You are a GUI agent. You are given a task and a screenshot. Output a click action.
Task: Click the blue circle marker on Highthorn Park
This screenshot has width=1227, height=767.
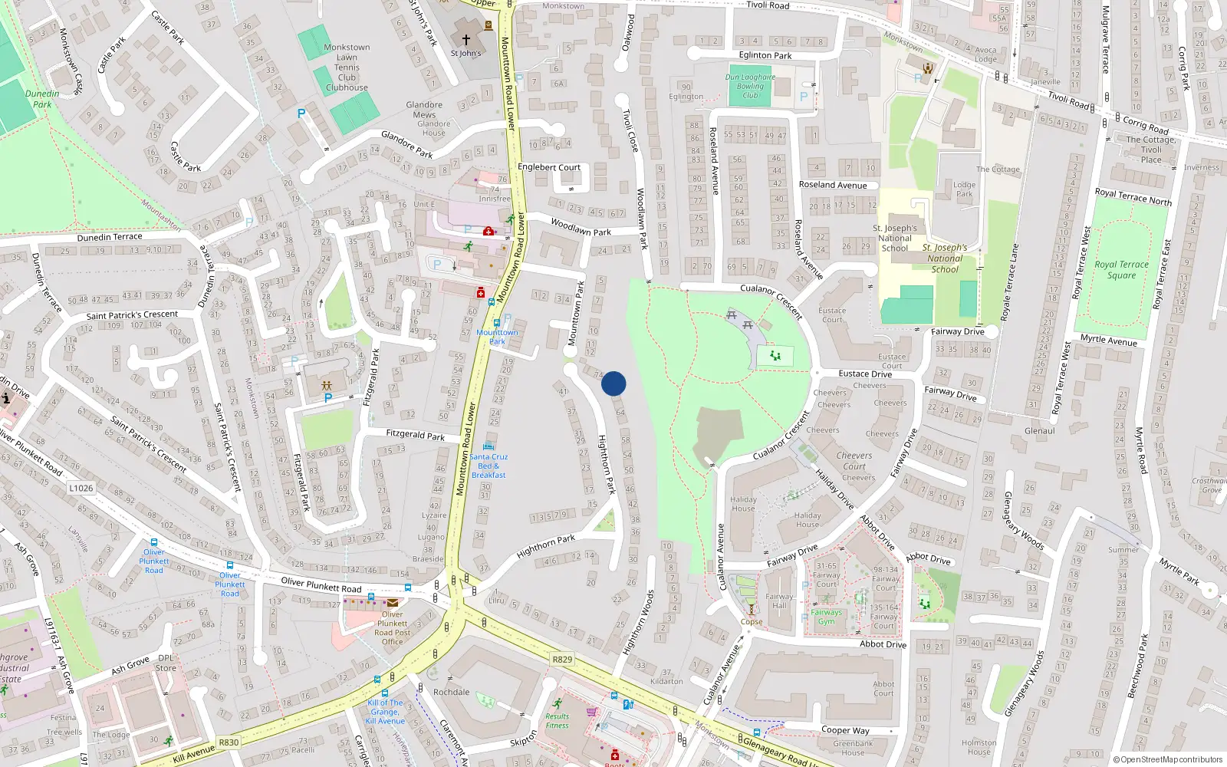(613, 383)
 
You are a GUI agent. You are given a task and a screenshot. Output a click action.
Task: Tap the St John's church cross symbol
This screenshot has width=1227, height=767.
(465, 39)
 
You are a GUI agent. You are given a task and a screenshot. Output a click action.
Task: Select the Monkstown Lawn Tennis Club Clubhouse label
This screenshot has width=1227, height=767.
(347, 67)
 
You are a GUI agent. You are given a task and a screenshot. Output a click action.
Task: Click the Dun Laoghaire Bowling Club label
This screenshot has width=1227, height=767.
(750, 86)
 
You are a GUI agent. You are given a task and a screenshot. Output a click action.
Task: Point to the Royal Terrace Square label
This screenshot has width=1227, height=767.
(1121, 269)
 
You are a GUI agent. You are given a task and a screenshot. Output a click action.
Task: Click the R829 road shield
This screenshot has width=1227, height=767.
(562, 660)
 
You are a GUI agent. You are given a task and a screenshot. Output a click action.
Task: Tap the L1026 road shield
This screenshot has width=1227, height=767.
(81, 488)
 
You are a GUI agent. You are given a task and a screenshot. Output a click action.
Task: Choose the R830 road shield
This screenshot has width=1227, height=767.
(229, 742)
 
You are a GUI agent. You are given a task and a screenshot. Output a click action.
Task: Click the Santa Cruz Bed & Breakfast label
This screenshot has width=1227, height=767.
(488, 466)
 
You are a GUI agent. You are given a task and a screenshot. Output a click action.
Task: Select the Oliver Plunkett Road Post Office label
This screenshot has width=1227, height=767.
(392, 627)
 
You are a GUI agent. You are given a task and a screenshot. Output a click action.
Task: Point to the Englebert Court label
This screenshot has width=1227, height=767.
(549, 167)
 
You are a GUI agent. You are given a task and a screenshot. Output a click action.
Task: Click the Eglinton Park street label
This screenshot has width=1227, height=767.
(765, 55)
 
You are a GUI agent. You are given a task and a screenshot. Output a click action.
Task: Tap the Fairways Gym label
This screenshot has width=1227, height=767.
(826, 617)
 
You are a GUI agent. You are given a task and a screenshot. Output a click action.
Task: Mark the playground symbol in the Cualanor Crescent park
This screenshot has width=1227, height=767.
(775, 356)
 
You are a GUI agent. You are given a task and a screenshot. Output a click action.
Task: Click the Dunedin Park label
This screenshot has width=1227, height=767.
(42, 99)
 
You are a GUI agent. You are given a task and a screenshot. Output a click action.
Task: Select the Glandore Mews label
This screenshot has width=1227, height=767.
(424, 110)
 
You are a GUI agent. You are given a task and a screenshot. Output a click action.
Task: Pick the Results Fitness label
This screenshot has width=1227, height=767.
(558, 721)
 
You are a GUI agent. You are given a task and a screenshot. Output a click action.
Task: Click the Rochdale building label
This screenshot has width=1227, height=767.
(451, 692)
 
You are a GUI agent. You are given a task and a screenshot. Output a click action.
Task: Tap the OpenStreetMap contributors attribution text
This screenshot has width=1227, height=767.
(1167, 759)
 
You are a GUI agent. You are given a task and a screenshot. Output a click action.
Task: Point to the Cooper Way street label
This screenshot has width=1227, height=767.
(845, 730)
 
